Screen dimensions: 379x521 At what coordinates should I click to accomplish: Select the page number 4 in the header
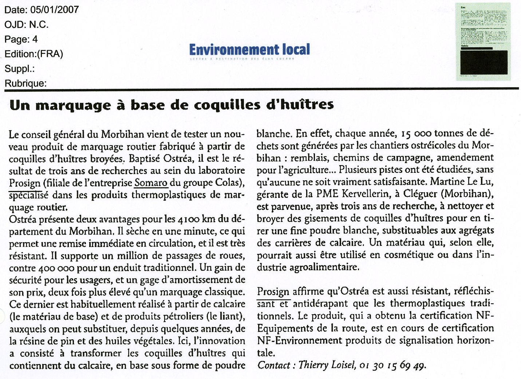[35, 39]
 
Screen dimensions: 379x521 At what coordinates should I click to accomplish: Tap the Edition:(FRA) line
[34, 54]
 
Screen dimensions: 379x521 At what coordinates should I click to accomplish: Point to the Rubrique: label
[25, 84]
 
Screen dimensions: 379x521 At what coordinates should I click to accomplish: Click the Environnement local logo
[250, 50]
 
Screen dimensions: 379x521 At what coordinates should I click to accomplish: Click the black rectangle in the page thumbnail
[484, 62]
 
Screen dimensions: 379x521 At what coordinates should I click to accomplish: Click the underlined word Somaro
[151, 183]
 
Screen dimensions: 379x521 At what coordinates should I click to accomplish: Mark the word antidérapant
[320, 303]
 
